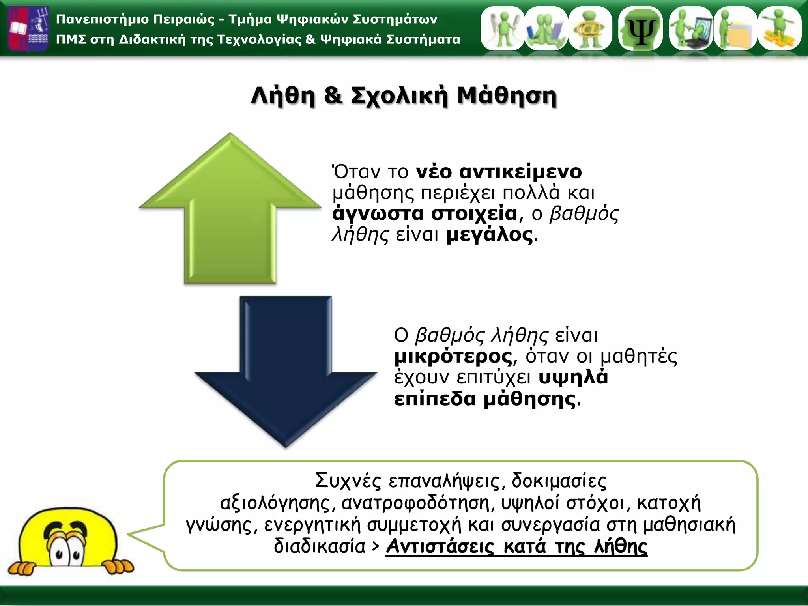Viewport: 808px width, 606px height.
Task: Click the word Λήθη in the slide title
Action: [x=283, y=96]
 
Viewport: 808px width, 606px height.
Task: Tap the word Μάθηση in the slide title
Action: [x=507, y=96]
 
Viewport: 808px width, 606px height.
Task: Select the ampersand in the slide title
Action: [x=333, y=96]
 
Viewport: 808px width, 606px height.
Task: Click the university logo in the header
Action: [x=28, y=28]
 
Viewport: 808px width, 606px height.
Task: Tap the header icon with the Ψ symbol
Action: [x=640, y=29]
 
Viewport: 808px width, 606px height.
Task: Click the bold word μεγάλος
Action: [x=490, y=235]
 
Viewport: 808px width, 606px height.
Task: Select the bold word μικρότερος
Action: [x=453, y=357]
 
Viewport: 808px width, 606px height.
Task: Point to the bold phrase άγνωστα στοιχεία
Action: [x=425, y=214]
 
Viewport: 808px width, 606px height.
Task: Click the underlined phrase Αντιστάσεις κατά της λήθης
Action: [x=516, y=547]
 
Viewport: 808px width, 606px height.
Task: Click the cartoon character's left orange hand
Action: [x=22, y=568]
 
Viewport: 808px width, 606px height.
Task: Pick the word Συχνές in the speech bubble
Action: [x=348, y=481]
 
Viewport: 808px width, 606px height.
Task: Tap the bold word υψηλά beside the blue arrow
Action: [x=573, y=378]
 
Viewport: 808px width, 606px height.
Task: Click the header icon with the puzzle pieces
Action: [x=779, y=29]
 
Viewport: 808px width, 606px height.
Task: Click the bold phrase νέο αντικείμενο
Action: [x=499, y=172]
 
